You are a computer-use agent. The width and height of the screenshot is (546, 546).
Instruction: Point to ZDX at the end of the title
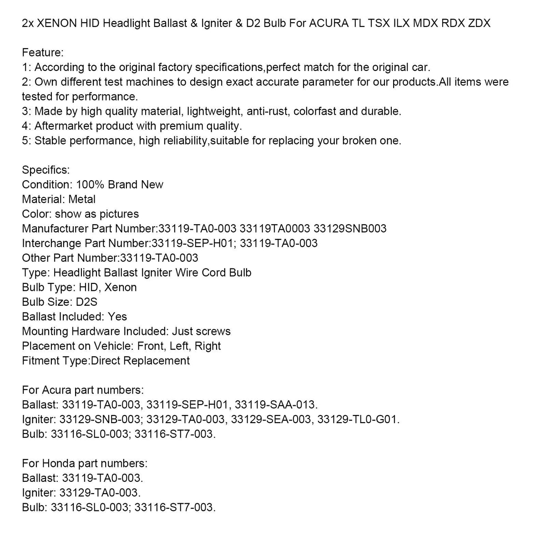(x=479, y=23)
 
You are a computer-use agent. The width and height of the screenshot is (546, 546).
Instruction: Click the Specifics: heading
(x=46, y=170)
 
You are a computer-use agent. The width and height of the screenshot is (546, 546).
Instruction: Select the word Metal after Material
(x=82, y=199)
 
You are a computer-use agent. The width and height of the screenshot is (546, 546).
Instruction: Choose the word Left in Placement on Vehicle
(x=179, y=346)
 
